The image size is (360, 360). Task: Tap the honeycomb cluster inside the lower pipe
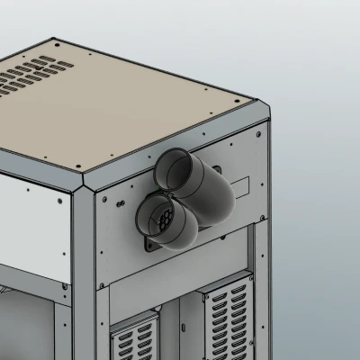pos(161,219)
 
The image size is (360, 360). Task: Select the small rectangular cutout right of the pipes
pos(240,185)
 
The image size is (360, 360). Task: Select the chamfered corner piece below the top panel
pos(83,184)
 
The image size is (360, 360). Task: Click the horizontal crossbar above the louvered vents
pos(180,274)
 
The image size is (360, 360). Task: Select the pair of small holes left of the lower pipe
pos(121,203)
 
